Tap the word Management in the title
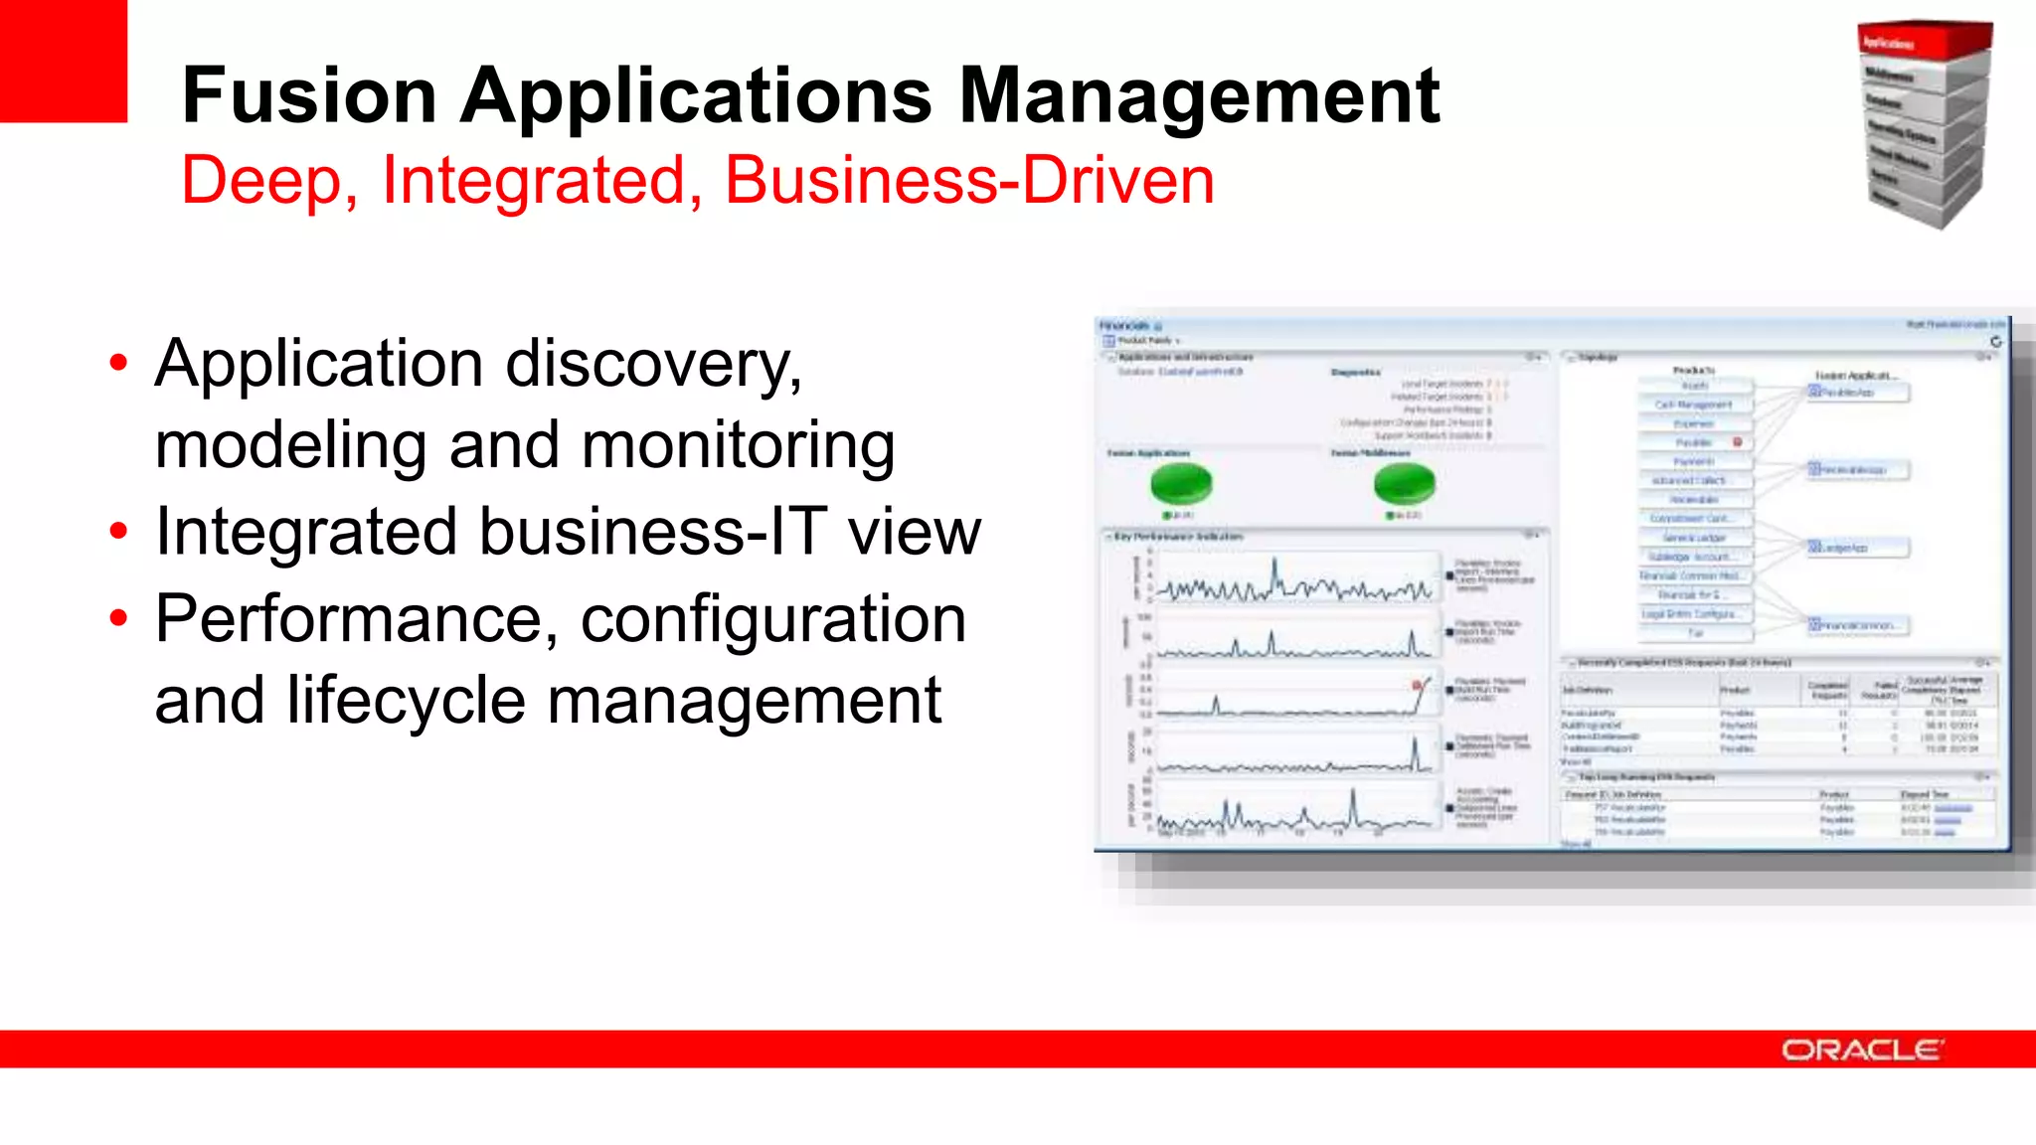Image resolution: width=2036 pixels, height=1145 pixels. click(x=1199, y=95)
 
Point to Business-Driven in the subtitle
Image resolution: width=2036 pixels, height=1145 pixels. click(x=969, y=181)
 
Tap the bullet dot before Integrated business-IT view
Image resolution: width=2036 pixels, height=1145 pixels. click(x=119, y=532)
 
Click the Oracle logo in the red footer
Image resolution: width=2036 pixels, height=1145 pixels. click(x=1862, y=1050)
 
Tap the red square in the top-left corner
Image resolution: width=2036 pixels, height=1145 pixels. click(x=64, y=60)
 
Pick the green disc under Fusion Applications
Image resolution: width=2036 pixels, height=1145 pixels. click(x=1181, y=484)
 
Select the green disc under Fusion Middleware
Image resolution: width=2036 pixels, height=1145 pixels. click(x=1404, y=484)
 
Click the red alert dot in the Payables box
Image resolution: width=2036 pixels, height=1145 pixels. click(x=1738, y=442)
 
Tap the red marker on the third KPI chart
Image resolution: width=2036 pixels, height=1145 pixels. click(x=1418, y=685)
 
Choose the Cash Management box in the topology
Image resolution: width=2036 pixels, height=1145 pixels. click(x=1694, y=405)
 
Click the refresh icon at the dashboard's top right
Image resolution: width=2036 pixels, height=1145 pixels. click(x=1995, y=341)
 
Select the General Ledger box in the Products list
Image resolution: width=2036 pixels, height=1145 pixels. click(x=1694, y=538)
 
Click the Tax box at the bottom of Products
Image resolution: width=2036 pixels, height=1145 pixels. click(x=1694, y=633)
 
